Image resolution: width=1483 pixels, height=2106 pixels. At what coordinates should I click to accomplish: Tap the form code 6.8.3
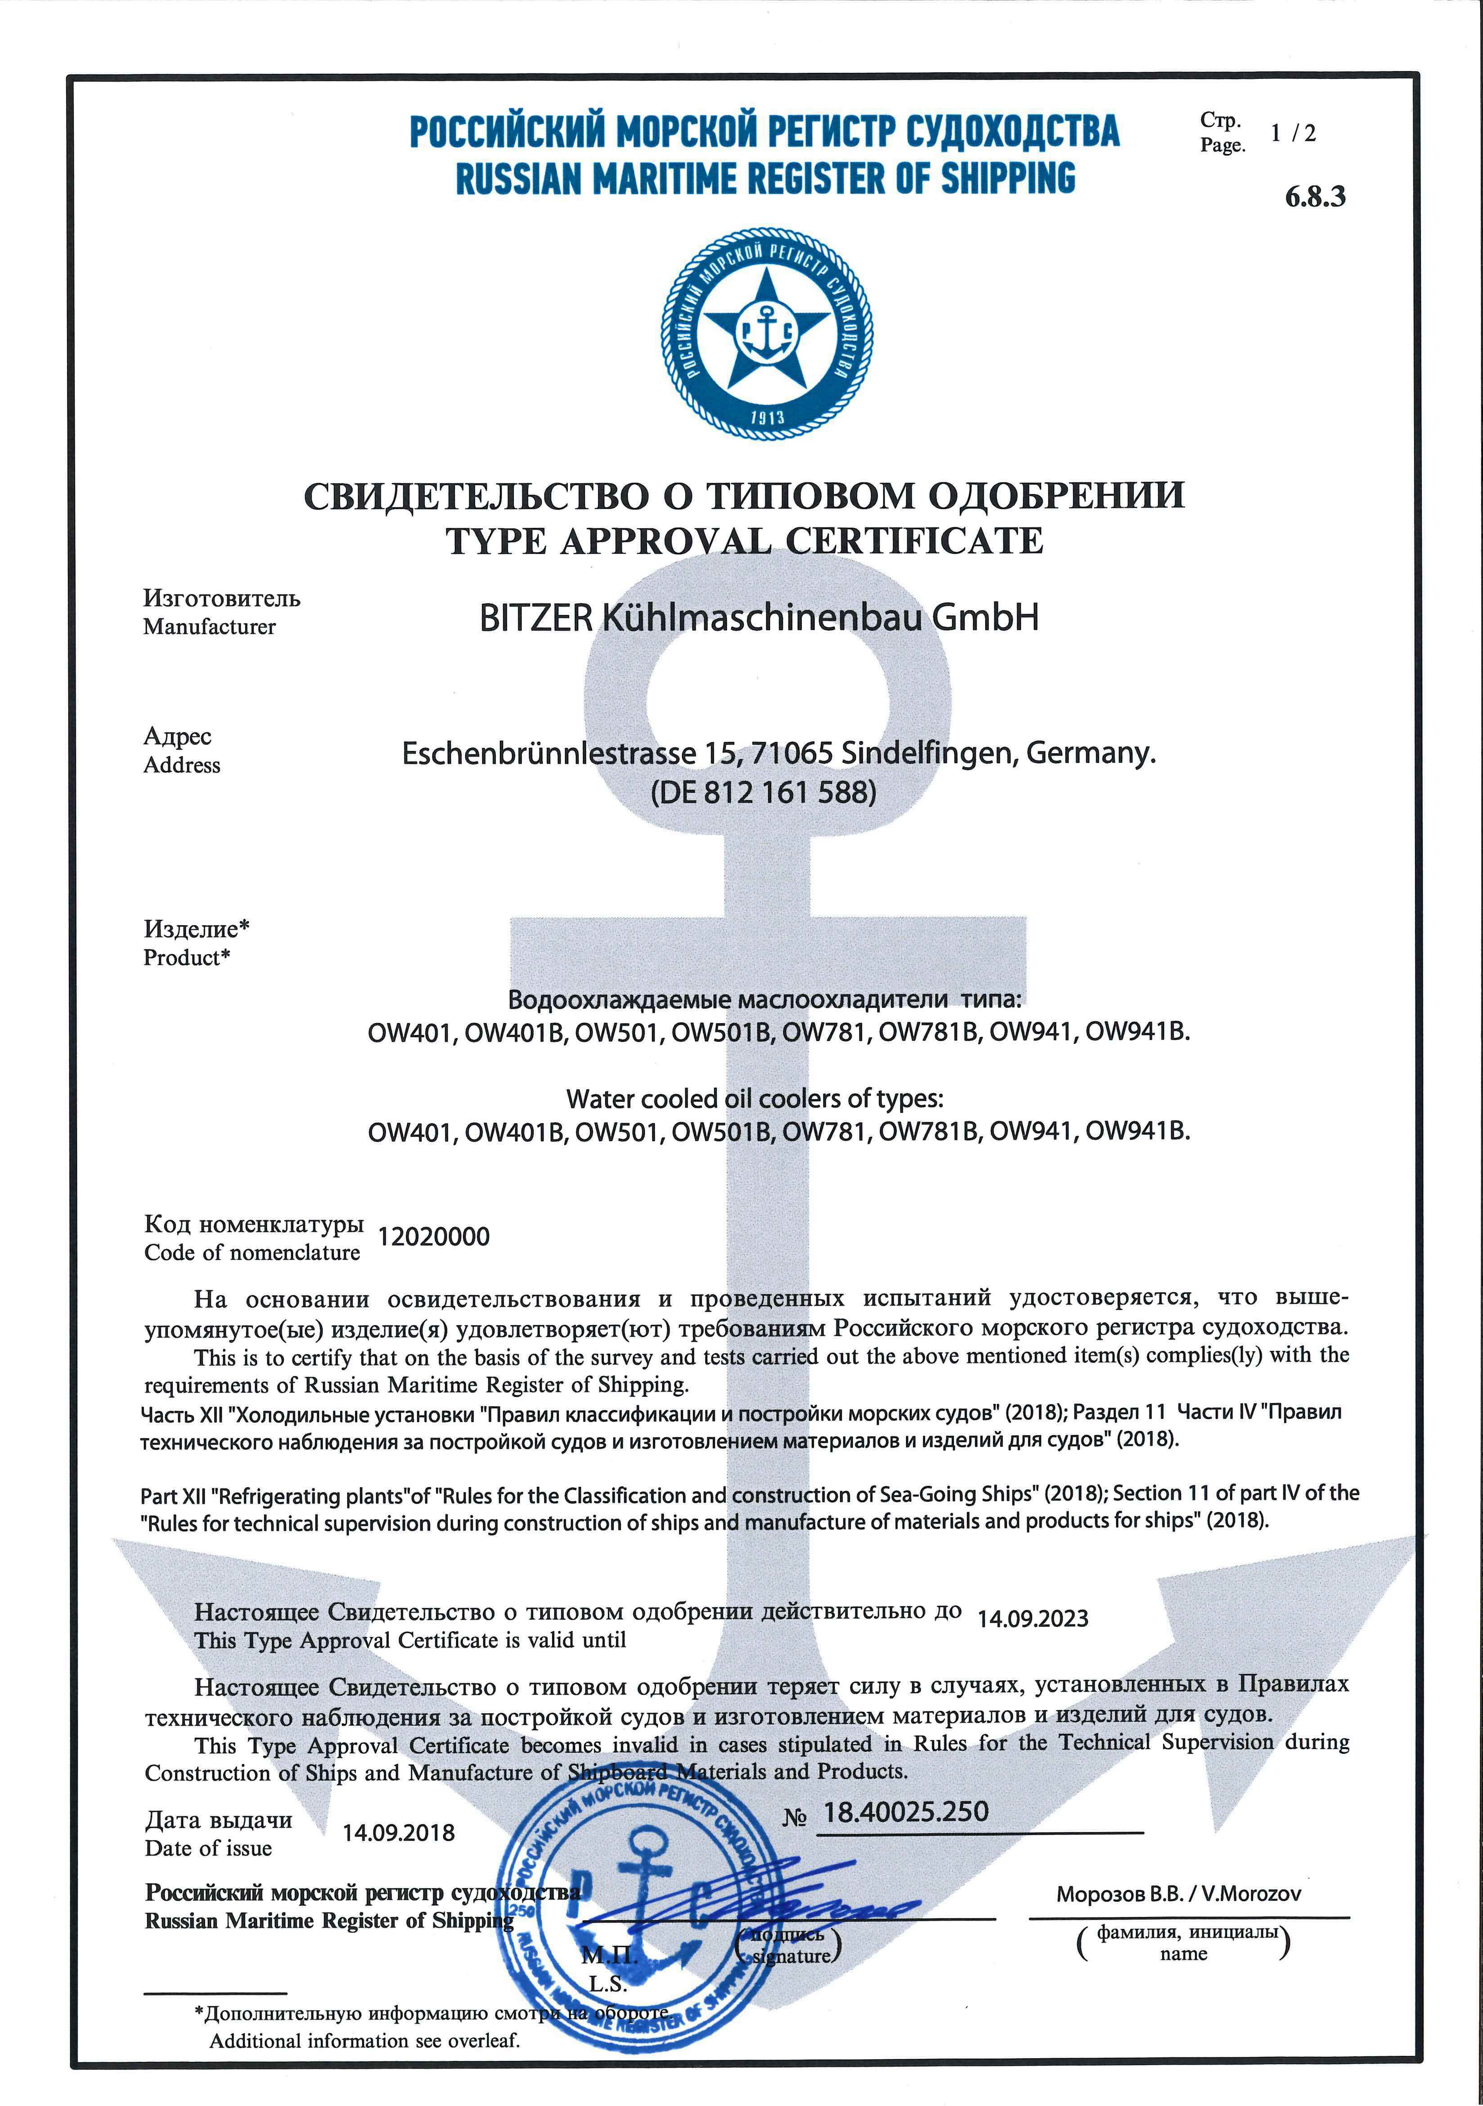click(x=1315, y=196)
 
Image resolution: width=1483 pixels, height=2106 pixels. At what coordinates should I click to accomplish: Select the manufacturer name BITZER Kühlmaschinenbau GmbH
click(x=759, y=617)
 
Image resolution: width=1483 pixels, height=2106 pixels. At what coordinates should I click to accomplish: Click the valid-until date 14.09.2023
click(x=1033, y=1618)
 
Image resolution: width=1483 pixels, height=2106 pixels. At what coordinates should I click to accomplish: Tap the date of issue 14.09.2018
click(x=399, y=1833)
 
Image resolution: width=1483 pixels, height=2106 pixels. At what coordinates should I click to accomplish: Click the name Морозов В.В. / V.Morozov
click(x=1178, y=1893)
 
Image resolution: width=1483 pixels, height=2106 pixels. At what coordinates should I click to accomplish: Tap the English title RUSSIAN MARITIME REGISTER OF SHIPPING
click(x=765, y=178)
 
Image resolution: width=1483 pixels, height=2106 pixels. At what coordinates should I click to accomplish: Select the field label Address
click(x=182, y=765)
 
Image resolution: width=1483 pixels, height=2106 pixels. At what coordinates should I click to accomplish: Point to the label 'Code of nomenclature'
click(x=252, y=1253)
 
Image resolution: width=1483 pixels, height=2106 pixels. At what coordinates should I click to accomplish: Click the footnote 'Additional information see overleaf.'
click(x=364, y=2041)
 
